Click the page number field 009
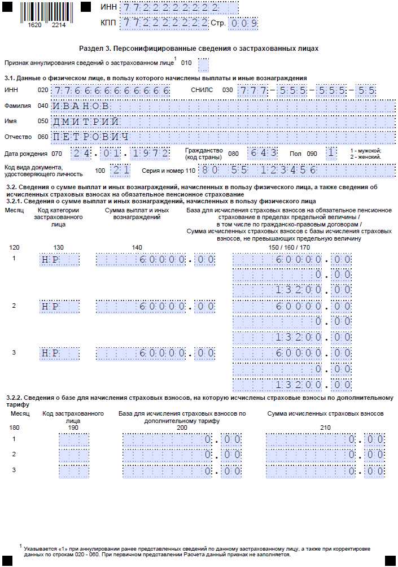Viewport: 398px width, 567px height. click(x=243, y=23)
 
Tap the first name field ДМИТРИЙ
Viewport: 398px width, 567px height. click(x=223, y=121)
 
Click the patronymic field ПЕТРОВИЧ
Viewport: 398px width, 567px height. click(x=223, y=137)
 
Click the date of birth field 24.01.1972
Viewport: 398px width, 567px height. click(x=120, y=153)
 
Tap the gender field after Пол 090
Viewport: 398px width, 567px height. click(x=332, y=153)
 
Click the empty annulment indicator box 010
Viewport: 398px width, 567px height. click(x=203, y=63)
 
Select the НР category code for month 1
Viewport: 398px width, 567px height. click(x=59, y=259)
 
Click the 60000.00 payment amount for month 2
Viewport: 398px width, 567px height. click(x=155, y=306)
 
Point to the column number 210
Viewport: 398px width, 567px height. click(x=325, y=428)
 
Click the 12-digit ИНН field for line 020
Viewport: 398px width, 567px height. click(x=111, y=90)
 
